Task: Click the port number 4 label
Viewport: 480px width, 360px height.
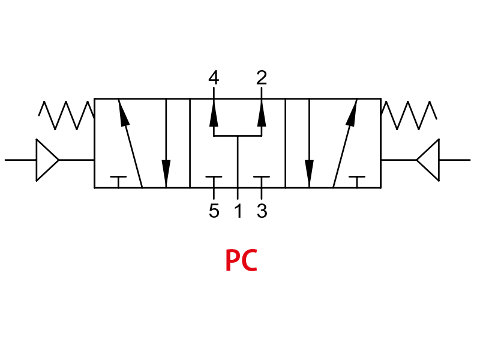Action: [214, 77]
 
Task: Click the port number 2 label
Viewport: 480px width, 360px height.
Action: [262, 77]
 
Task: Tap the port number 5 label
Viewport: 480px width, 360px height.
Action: [214, 211]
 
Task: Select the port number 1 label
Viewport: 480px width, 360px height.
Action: [238, 211]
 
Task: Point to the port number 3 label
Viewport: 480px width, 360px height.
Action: [262, 211]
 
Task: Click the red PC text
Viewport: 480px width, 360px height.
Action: [241, 260]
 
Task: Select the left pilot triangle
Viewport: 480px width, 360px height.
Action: [47, 160]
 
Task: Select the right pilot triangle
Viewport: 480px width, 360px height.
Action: [428, 160]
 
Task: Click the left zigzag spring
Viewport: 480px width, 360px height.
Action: [66, 115]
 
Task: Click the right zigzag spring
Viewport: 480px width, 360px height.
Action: [409, 115]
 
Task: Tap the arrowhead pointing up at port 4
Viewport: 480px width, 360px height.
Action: [214, 115]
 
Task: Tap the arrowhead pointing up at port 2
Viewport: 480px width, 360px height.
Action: [262, 115]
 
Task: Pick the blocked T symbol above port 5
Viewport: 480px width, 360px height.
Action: [214, 182]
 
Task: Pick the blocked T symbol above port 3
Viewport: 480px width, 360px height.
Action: [262, 182]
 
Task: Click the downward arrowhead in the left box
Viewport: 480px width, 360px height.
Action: [166, 172]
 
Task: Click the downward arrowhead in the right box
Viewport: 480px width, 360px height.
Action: [309, 172]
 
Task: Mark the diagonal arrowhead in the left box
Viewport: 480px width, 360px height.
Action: [123, 113]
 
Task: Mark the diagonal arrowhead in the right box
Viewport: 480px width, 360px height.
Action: [352, 113]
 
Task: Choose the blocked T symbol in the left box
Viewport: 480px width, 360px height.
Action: [118, 182]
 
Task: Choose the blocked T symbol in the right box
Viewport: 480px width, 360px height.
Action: [357, 182]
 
